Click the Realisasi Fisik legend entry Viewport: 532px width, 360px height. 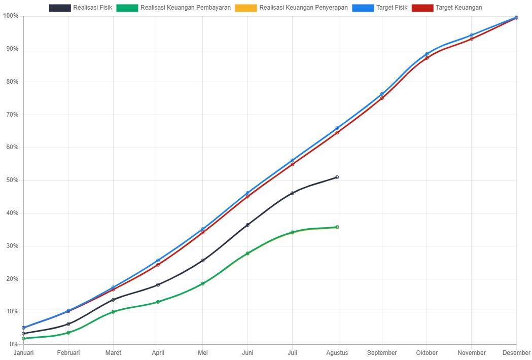(x=81, y=8)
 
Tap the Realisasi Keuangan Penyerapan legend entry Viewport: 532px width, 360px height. (x=292, y=8)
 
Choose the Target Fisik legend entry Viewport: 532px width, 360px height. (x=380, y=8)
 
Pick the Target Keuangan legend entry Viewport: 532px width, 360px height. (x=447, y=8)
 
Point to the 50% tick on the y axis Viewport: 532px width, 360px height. (x=11, y=180)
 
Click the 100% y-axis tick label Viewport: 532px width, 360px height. (x=10, y=16)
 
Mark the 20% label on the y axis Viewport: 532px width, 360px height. (x=11, y=279)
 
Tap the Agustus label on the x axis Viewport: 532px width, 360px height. (x=337, y=353)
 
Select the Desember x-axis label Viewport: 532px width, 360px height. (x=516, y=353)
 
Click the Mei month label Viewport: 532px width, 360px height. (x=203, y=353)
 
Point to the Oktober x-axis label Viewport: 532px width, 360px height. (x=427, y=353)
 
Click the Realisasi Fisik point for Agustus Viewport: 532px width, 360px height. (x=337, y=177)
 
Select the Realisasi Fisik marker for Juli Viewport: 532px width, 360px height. (x=293, y=193)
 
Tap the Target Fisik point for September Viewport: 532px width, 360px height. (x=382, y=94)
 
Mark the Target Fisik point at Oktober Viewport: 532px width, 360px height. (x=427, y=54)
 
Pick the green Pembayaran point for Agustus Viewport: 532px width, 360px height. (x=337, y=227)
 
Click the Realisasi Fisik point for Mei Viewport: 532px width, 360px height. (x=203, y=261)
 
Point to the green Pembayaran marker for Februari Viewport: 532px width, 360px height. (x=68, y=333)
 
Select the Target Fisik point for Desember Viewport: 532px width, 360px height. (x=516, y=17)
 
